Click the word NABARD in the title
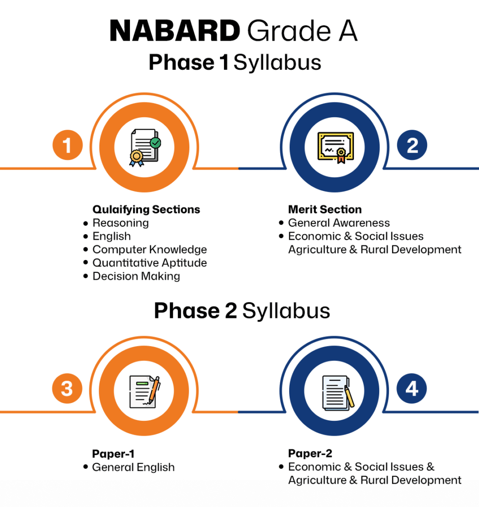pos(174,31)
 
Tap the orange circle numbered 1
pos(67,145)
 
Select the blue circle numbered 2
pos(412,145)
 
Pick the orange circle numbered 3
pos(67,388)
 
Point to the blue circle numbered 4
pos(412,388)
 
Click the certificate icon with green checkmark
pos(145,148)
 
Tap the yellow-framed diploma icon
pos(336,148)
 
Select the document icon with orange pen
pos(145,392)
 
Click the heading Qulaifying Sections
pos(146,209)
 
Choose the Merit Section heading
pos(325,209)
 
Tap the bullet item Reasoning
pos(121,223)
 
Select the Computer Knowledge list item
pos(150,250)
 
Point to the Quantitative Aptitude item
pos(150,263)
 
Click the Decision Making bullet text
pos(136,276)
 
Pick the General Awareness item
pos(339,223)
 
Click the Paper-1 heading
pos(113,454)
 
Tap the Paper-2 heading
pos(310,454)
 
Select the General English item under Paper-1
pos(133,467)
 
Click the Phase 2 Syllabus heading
pos(242,311)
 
